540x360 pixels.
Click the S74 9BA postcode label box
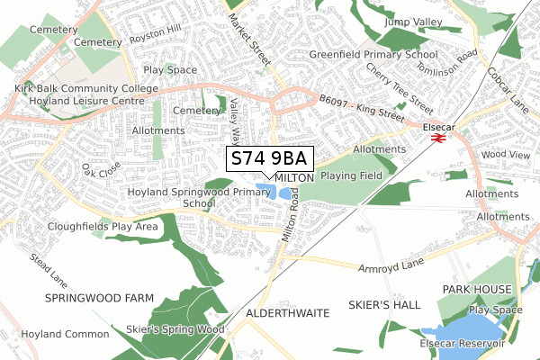coord(270,159)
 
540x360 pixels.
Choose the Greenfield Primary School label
coord(373,54)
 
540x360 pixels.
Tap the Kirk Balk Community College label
coord(86,89)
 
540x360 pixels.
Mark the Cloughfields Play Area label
coord(103,226)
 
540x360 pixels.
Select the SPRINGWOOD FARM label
coord(99,297)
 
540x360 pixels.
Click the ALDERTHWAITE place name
coord(287,311)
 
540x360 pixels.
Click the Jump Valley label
coord(415,22)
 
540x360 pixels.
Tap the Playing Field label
coord(353,175)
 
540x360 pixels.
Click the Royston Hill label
coord(156,39)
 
